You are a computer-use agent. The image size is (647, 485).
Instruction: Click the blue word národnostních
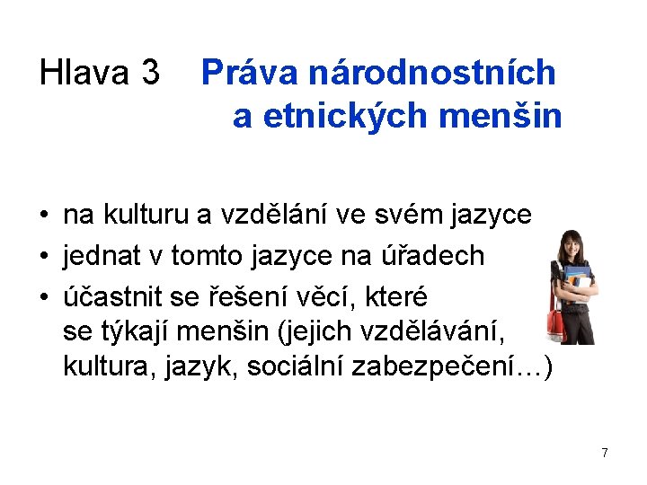point(433,73)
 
